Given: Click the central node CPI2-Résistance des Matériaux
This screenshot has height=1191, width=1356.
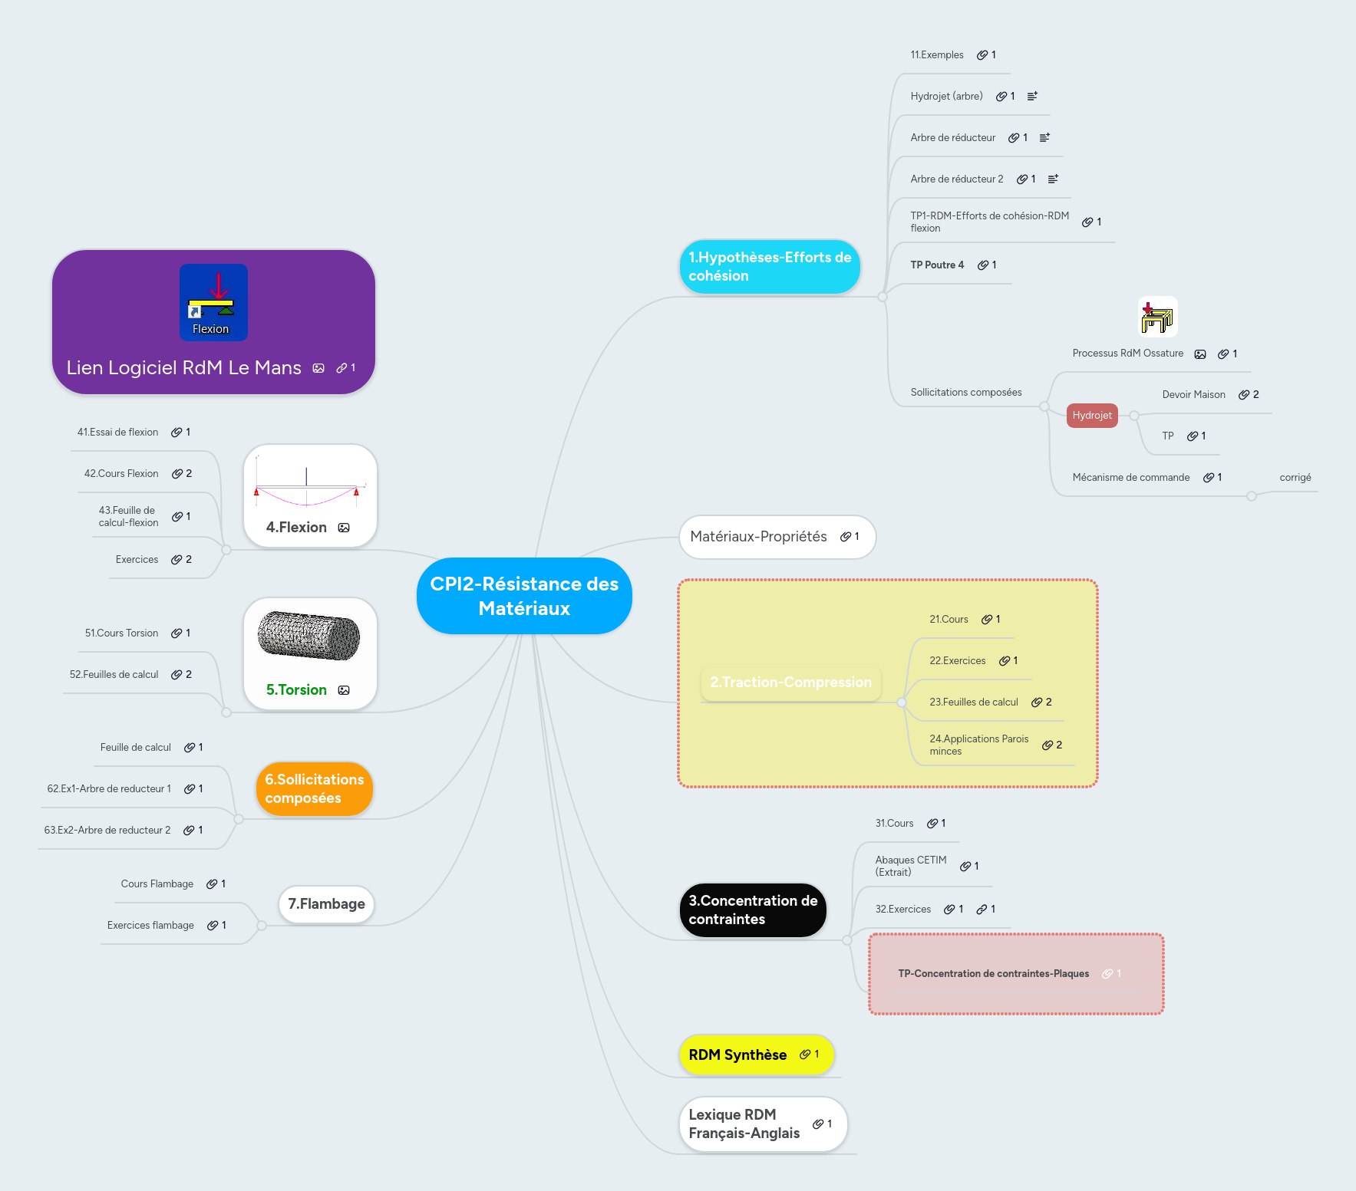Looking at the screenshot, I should click(524, 596).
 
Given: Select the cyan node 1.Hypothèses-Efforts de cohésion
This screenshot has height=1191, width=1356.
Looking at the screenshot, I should click(769, 267).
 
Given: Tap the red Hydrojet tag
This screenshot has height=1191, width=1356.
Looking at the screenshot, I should click(1091, 416).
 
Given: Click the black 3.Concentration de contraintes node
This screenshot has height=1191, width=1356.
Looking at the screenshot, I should click(752, 910).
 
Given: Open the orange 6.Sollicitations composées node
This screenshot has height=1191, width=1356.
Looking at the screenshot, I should click(314, 789).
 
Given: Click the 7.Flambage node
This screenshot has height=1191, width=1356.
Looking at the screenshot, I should click(326, 904).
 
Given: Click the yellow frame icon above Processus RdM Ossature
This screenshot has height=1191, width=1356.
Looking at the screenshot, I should click(1157, 317).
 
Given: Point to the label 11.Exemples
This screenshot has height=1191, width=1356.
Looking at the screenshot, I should click(936, 55).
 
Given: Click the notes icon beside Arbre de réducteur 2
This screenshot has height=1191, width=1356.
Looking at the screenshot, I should click(1053, 179).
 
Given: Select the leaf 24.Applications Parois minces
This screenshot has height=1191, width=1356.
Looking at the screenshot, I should click(978, 745).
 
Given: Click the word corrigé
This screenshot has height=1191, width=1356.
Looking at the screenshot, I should click(1295, 478).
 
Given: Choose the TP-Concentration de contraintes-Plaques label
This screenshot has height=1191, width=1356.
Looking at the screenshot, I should click(993, 974).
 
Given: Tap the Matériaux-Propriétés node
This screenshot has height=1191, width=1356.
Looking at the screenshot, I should click(758, 537).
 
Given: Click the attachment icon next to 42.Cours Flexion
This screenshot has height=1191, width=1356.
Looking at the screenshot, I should click(177, 474).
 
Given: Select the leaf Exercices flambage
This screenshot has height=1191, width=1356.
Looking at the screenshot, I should click(150, 926).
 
